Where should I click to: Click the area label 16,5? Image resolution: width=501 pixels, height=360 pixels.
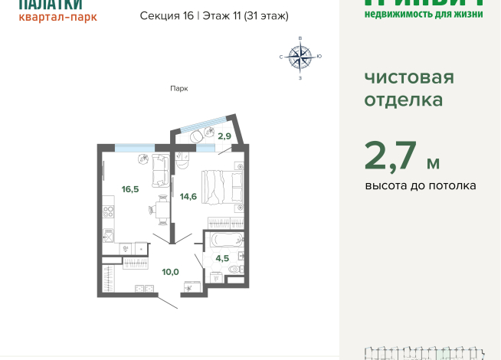tap(129, 188)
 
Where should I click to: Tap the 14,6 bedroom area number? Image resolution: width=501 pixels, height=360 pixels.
tap(188, 196)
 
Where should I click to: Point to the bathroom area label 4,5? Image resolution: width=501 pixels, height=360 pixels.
tap(222, 258)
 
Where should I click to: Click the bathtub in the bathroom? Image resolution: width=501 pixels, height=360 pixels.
tap(224, 240)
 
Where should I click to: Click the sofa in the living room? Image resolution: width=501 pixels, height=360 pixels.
tap(160, 170)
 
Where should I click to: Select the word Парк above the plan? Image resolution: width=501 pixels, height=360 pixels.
tap(178, 89)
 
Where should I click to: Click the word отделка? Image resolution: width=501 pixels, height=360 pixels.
tap(403, 100)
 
